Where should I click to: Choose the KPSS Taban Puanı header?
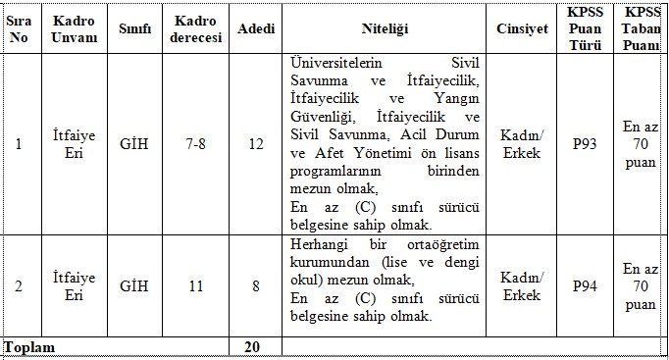click(643, 28)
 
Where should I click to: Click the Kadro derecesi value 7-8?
click(196, 145)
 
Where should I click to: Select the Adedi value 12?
click(256, 145)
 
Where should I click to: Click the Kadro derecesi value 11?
click(196, 285)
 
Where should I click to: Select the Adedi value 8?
click(256, 285)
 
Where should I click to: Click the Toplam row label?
click(30, 347)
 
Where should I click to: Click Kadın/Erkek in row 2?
click(522, 285)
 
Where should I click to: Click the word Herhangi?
click(320, 244)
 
